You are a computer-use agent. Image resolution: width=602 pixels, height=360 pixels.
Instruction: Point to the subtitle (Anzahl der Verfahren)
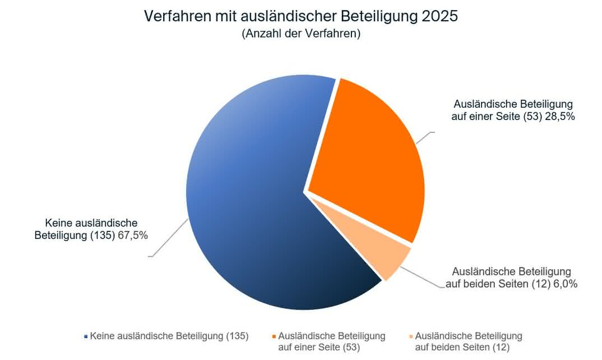click(301, 34)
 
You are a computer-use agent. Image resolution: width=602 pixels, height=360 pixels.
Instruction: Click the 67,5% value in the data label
click(133, 236)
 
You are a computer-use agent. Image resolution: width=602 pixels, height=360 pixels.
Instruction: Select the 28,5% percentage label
click(560, 117)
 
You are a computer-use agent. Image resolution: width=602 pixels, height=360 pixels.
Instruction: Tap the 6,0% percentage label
click(566, 284)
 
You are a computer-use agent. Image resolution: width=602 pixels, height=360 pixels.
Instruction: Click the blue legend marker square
click(86, 336)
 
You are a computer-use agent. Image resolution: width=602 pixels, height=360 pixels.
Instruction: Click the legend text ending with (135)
click(169, 336)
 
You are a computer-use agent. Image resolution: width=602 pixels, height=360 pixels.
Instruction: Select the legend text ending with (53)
click(331, 341)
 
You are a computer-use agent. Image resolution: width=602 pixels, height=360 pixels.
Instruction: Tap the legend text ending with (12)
click(469, 341)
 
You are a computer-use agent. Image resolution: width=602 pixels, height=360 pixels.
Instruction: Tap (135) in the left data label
click(103, 236)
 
